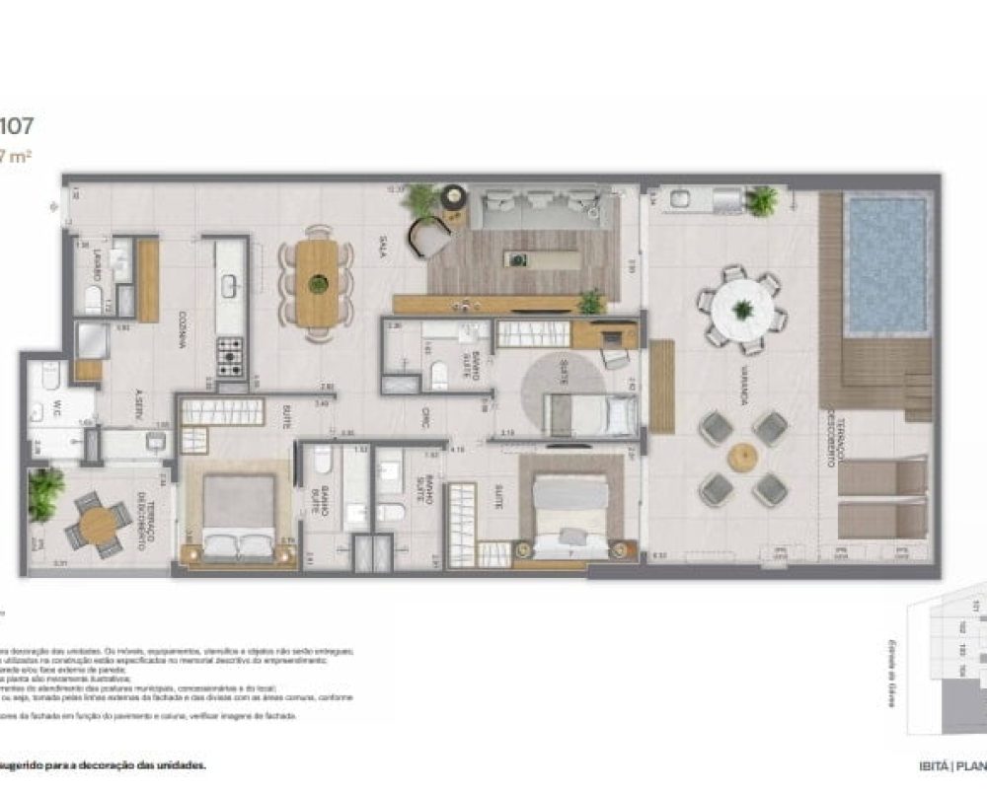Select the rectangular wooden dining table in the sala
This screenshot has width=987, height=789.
317,283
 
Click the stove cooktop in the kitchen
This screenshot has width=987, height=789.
230,357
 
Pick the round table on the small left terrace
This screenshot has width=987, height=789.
97,524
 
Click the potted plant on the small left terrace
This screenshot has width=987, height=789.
43,493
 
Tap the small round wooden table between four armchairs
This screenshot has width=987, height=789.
742,457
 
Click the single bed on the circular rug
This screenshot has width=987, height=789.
590,414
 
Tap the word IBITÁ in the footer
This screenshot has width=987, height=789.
933,765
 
